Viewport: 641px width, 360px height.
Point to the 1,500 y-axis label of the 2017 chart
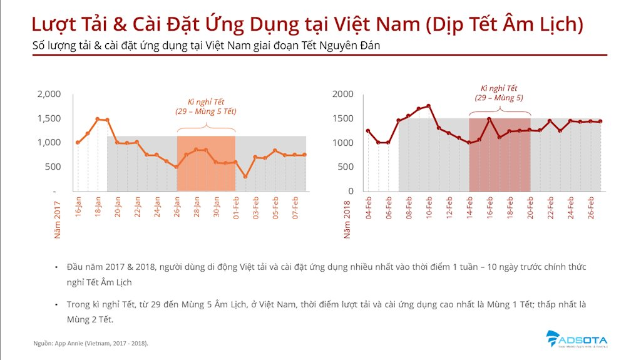tap(49, 118)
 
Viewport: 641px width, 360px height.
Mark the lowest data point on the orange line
tap(245, 177)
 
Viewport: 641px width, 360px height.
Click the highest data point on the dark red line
tap(429, 106)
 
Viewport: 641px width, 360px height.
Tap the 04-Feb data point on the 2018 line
tap(368, 131)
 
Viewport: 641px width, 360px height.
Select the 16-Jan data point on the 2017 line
tap(78, 143)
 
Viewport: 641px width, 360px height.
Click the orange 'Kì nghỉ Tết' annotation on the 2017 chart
tap(206, 101)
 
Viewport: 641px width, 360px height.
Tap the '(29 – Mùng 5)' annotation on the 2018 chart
tap(499, 98)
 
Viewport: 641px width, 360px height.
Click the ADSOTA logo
tap(577, 338)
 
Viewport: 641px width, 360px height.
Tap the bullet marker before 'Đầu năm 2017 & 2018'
tap(57, 267)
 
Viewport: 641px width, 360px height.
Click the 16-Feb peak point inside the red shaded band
tap(489, 119)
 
